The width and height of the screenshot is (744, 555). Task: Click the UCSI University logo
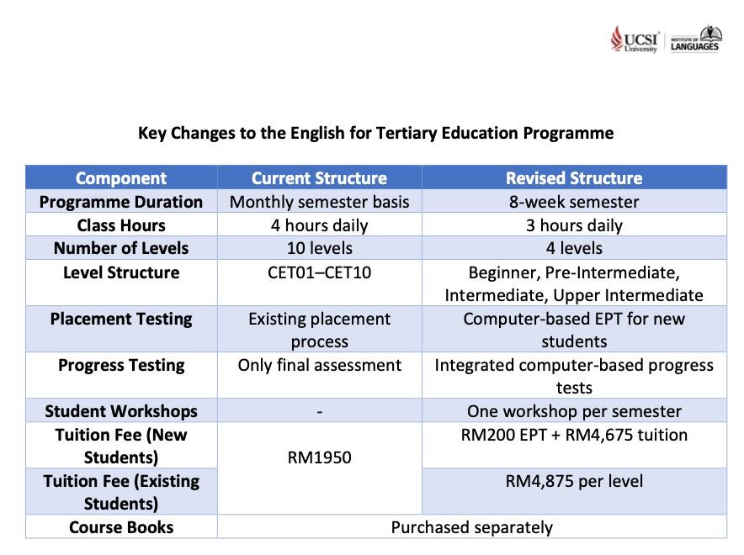[x=635, y=39]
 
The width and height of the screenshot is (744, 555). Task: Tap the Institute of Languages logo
[x=695, y=39]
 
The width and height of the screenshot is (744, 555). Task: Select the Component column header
[x=121, y=178]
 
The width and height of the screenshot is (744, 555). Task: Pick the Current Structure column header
[x=319, y=178]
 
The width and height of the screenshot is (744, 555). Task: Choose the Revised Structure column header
[x=574, y=178]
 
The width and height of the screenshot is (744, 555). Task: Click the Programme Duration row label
[x=121, y=202]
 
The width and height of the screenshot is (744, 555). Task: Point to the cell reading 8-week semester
[x=574, y=202]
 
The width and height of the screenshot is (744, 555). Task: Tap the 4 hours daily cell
[x=319, y=225]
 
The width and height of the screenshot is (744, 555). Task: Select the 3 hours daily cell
[x=574, y=225]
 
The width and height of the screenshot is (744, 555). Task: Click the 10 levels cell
[x=319, y=248]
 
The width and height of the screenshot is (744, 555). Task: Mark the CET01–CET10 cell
[x=319, y=272]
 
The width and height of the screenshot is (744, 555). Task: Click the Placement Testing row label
[x=121, y=319]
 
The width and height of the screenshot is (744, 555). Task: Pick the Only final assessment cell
[x=319, y=365]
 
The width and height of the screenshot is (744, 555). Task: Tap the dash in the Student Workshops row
[x=319, y=412]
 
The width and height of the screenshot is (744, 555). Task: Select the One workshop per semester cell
[x=574, y=411]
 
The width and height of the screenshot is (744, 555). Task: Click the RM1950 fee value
[x=319, y=457]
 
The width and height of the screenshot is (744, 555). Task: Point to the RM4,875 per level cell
[x=574, y=481]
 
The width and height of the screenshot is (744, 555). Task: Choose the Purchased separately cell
[x=471, y=527]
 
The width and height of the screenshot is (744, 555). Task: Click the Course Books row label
[x=121, y=527]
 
